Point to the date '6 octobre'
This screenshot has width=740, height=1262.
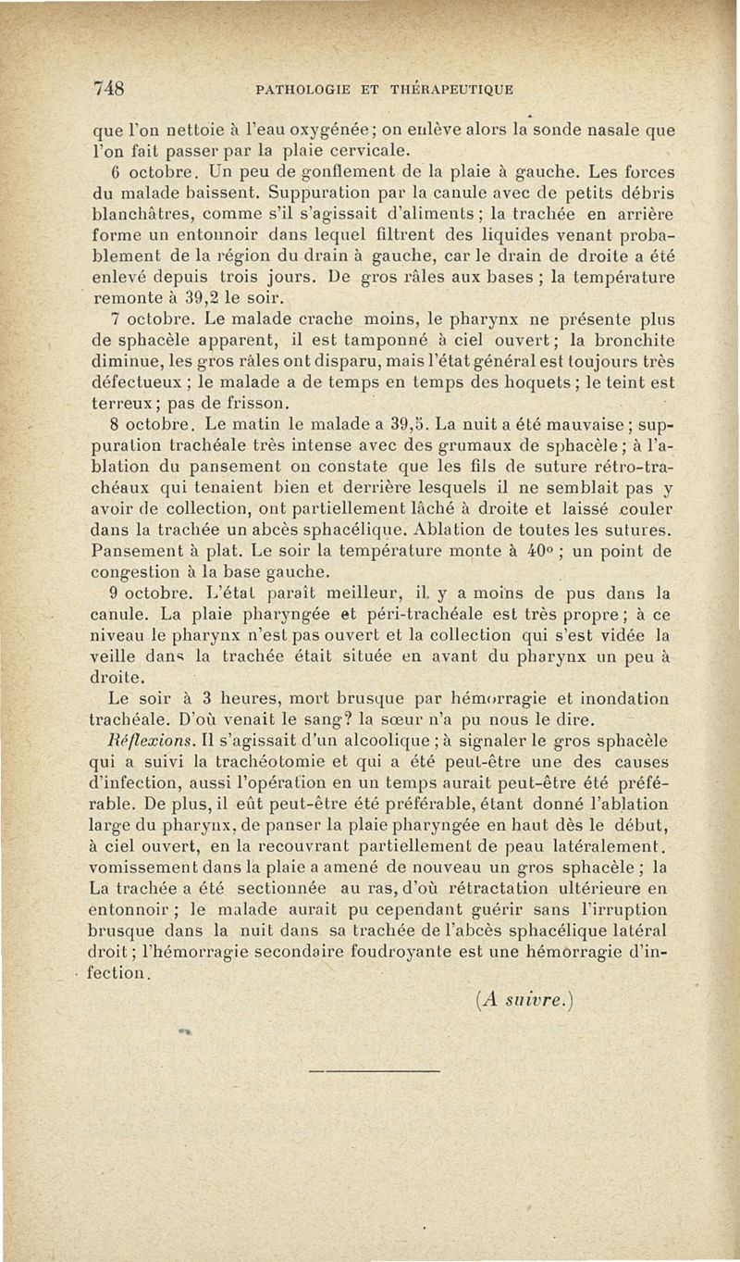[138, 173]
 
